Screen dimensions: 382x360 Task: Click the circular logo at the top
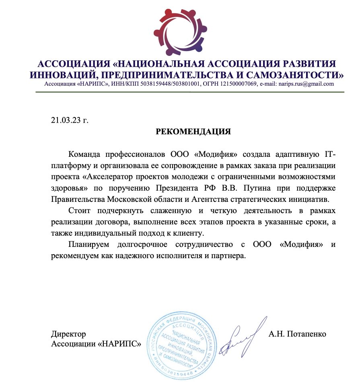pyautogui.click(x=180, y=31)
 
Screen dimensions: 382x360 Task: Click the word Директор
pyautogui.click(x=68, y=334)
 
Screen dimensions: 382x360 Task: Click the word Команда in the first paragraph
pyautogui.click(x=85, y=154)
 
